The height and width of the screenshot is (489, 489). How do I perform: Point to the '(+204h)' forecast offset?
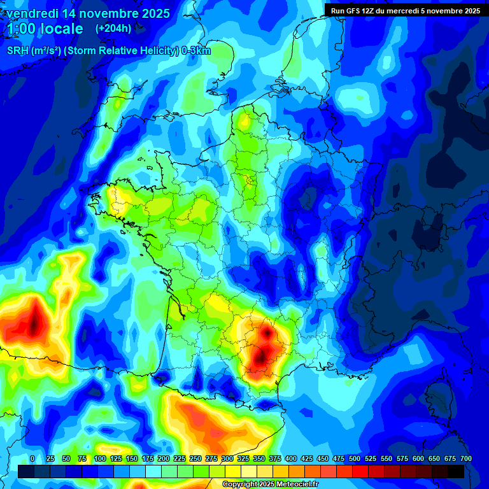point(113,29)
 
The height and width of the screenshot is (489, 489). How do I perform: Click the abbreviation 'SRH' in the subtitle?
point(17,51)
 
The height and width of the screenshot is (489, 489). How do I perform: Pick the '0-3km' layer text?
point(196,51)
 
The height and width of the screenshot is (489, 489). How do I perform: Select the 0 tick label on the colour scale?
point(32,458)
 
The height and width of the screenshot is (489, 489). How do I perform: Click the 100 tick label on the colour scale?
point(100,458)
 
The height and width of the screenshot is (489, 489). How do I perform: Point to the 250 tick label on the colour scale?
point(195,458)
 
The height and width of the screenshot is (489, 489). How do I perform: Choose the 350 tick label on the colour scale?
point(259,458)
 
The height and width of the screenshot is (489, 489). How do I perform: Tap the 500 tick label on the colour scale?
point(355,458)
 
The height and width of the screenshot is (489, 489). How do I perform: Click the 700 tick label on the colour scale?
point(465,458)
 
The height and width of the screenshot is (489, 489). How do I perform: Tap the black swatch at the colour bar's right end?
point(456,471)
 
